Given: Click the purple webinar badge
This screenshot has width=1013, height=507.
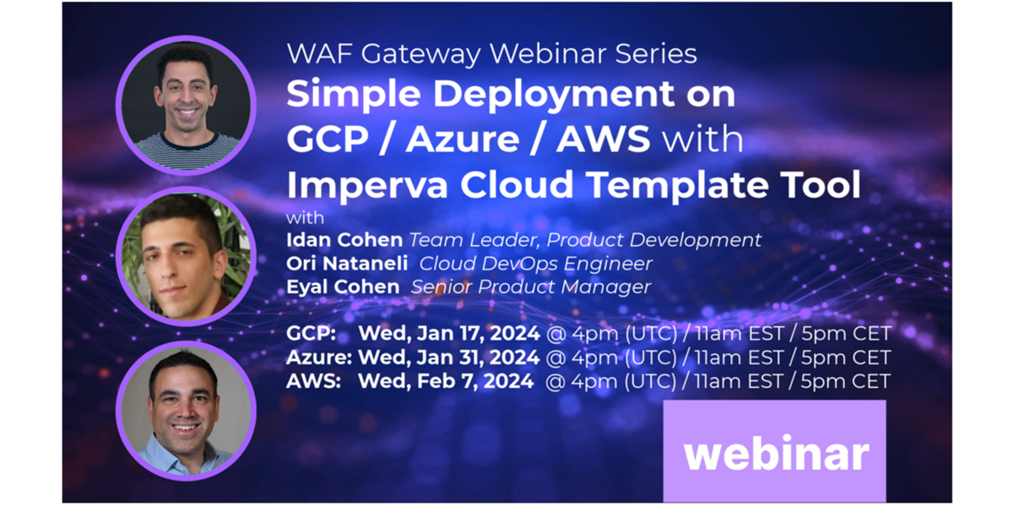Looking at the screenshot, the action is (774, 451).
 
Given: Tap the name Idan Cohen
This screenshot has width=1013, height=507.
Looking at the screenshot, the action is (344, 240).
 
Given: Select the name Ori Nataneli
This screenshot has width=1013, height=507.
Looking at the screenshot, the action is (347, 264).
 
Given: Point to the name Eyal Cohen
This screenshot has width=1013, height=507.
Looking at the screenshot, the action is (343, 287).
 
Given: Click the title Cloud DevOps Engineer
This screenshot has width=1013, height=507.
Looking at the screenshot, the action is (535, 264).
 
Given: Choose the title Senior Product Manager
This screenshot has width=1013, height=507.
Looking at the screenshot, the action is (531, 287).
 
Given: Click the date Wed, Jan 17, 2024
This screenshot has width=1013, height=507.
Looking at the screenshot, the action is (449, 334).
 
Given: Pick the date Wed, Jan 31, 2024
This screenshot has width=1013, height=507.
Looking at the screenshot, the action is (448, 357).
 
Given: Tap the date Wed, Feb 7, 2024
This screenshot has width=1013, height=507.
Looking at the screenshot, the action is (446, 381).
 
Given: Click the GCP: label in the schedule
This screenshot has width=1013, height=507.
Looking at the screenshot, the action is (311, 334).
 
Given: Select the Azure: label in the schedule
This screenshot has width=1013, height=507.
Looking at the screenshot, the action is (319, 357).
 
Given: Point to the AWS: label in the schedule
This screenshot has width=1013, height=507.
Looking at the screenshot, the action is (313, 381).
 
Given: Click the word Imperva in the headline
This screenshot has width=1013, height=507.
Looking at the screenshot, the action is (367, 185).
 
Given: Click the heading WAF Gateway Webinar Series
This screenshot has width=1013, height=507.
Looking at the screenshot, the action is (491, 54).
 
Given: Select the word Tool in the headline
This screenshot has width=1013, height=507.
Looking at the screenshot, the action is (822, 184).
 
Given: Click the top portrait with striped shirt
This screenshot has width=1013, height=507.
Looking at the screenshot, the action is (186, 105).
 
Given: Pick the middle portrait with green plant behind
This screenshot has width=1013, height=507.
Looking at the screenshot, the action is (186, 256).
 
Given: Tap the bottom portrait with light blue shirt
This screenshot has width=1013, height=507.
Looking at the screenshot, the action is (186, 410).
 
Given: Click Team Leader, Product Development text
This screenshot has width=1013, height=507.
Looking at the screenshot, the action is (585, 240).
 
